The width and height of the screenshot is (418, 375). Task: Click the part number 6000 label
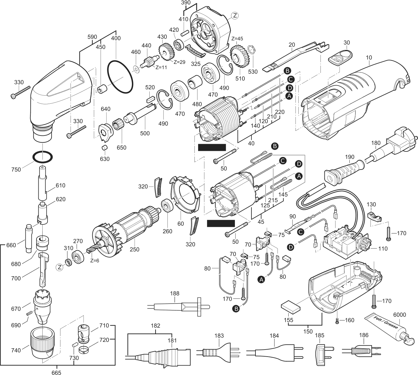click(399, 315)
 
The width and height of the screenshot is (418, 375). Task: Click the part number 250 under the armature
click(134, 250)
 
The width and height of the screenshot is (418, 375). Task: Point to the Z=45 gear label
click(237, 39)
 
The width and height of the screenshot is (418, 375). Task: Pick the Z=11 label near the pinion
click(161, 67)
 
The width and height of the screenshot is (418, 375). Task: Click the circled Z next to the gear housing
click(235, 15)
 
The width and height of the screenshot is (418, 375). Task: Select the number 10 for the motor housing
click(369, 58)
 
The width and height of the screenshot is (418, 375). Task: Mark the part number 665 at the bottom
click(57, 373)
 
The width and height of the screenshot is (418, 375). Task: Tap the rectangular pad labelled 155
click(290, 307)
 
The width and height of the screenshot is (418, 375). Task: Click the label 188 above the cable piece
click(174, 293)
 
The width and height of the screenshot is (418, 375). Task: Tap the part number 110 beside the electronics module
click(383, 248)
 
